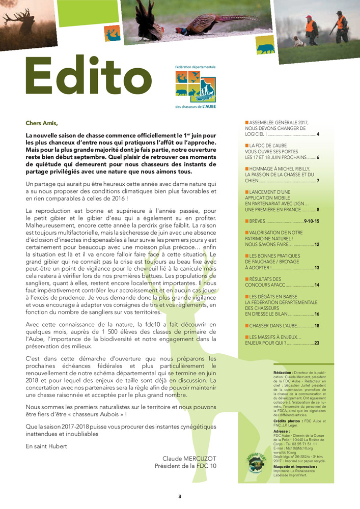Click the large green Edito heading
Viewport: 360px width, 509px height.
86,79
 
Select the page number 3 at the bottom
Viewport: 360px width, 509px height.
179,496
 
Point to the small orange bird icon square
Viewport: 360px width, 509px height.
113,33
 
